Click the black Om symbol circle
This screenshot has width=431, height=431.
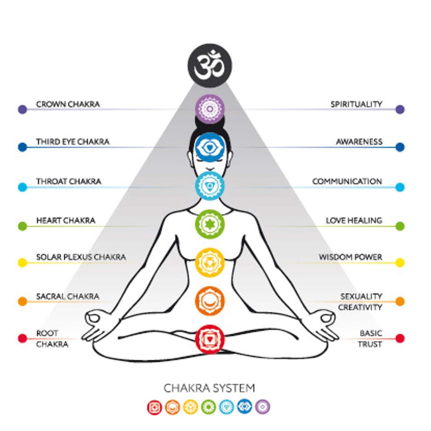210,66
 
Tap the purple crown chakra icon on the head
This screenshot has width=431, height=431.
210,109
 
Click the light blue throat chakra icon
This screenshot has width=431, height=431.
210,185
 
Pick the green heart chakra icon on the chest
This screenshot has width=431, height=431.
210,224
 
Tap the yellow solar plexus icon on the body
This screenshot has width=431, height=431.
210,262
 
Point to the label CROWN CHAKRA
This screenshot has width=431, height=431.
68,104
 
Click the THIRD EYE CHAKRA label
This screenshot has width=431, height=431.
73,142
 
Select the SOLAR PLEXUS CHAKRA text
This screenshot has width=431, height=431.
81,257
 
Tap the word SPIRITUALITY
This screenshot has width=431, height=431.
356,104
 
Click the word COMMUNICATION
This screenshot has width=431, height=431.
347,181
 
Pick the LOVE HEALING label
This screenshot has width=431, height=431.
354,221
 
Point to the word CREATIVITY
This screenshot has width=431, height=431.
360,307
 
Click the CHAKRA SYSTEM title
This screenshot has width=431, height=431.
209,389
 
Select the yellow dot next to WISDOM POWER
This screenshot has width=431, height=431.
400,263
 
